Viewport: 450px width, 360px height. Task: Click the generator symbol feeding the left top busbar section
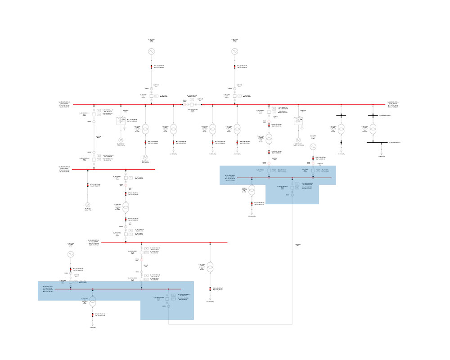coord(152,52)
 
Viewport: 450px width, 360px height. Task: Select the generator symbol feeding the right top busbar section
coord(234,52)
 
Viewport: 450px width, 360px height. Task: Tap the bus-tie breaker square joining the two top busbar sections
coord(191,104)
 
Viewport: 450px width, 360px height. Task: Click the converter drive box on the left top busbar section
coord(121,121)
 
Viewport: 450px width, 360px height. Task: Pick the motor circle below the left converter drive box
coord(121,140)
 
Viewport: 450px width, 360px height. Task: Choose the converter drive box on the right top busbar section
coord(297,121)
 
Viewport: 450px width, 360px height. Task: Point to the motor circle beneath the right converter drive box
coord(297,140)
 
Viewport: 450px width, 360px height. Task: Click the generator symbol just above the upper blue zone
coord(313,147)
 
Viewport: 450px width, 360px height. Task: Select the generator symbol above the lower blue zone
coord(70,254)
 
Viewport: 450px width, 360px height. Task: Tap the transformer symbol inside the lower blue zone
coord(93,300)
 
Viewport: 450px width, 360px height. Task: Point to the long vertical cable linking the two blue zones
coord(292,252)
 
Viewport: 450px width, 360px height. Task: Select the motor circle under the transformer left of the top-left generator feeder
coord(145,157)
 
